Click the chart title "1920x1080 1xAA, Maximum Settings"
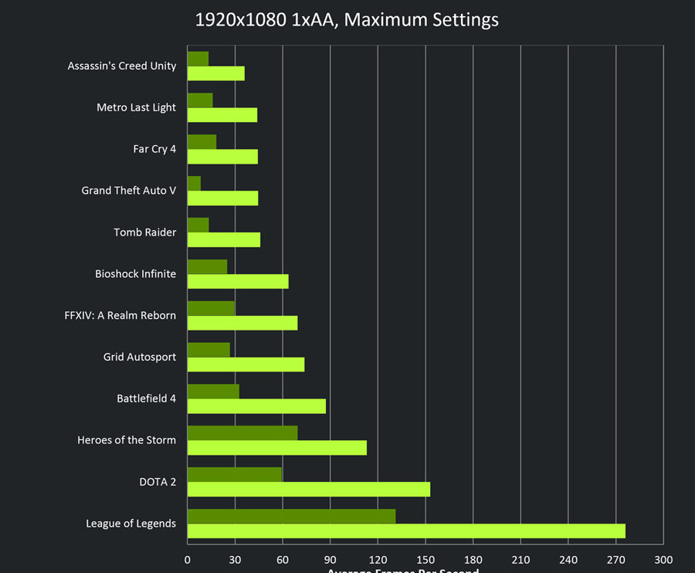[x=347, y=20]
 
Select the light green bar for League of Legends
[x=406, y=531]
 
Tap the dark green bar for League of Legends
[x=291, y=516]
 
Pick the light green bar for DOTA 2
[x=308, y=490]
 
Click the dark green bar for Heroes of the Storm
[x=242, y=432]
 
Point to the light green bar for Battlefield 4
[x=256, y=406]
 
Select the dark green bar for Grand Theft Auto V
[x=194, y=183]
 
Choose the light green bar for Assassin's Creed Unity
[x=215, y=73]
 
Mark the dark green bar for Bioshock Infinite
[x=207, y=266]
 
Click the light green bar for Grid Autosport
[x=246, y=364]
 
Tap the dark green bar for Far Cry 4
[x=202, y=141]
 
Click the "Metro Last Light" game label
[x=136, y=107]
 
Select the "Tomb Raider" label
[x=144, y=232]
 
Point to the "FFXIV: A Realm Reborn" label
[x=120, y=315]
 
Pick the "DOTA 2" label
[x=158, y=482]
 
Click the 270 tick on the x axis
[x=615, y=559]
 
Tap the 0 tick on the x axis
[x=188, y=559]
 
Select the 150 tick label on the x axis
[x=425, y=559]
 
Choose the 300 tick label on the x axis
[x=663, y=559]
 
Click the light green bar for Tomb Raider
[x=223, y=239]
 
